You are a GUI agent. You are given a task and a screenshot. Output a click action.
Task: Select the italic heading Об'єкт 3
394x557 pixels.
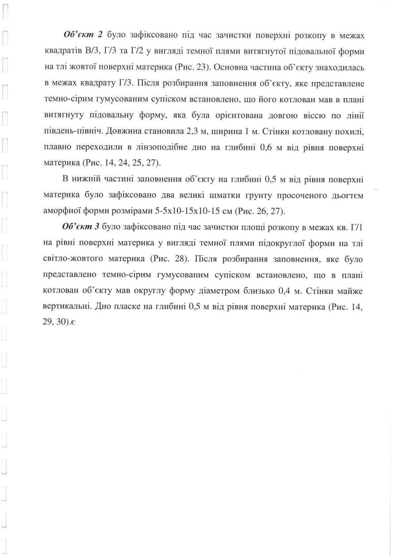pos(81,227)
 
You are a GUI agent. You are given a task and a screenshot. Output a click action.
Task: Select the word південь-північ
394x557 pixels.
pos(69,131)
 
